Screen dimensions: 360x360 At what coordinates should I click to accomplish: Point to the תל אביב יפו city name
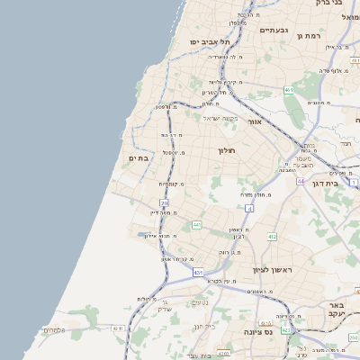tap(210, 42)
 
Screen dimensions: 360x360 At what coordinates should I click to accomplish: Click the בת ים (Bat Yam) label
tap(139, 158)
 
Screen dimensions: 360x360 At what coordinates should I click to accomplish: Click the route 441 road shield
tap(196, 223)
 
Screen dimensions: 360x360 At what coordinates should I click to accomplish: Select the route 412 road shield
tap(271, 236)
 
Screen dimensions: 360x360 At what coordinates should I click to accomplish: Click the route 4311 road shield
tap(118, 328)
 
